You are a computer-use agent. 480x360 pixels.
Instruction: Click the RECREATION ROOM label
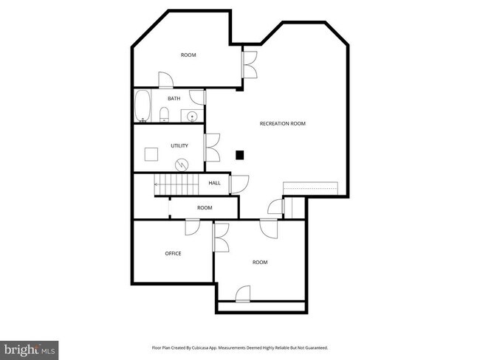pyautogui.click(x=282, y=123)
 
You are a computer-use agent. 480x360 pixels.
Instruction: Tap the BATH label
pyautogui.click(x=174, y=98)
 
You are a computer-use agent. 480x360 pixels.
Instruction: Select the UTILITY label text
pyautogui.click(x=179, y=145)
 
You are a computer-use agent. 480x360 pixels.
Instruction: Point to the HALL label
pyautogui.click(x=214, y=183)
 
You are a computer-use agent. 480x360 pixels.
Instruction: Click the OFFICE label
pyautogui.click(x=173, y=253)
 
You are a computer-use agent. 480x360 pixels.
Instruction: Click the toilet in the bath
pyautogui.click(x=165, y=114)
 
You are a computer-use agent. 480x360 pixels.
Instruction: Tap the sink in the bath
pyautogui.click(x=191, y=115)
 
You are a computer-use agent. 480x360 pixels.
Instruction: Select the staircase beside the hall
pyautogui.click(x=176, y=184)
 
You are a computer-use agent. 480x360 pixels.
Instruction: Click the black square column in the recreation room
pyautogui.click(x=239, y=155)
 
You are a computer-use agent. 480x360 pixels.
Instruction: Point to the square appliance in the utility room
pyautogui.click(x=151, y=154)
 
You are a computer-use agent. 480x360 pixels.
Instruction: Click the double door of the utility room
pyautogui.click(x=212, y=146)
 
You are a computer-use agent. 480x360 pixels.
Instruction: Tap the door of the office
pyautogui.click(x=192, y=226)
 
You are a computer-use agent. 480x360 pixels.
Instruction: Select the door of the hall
pyautogui.click(x=239, y=184)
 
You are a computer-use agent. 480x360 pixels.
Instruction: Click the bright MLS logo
pyautogui.click(x=30, y=348)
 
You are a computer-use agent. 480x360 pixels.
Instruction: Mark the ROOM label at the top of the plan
pyautogui.click(x=188, y=55)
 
